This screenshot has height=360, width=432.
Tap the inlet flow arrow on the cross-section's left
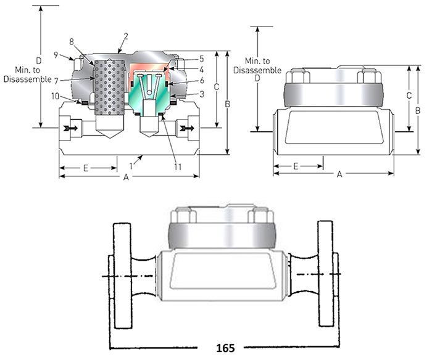tap(72, 128)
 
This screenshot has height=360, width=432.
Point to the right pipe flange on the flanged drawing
tap(325, 274)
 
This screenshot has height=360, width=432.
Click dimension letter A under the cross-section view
tap(126, 177)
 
